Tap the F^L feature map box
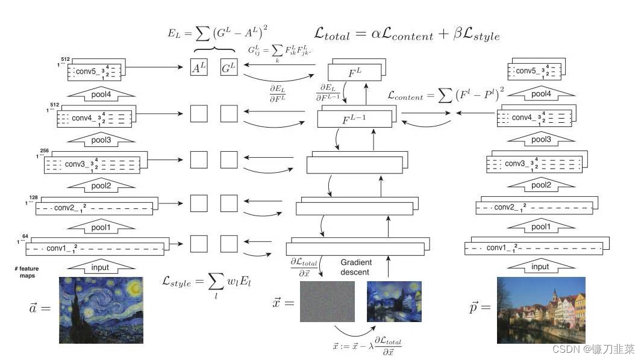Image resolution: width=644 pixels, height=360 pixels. coord(355,73)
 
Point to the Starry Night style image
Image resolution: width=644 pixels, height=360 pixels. coord(101,309)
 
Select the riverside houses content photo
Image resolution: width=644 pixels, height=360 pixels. coord(540,309)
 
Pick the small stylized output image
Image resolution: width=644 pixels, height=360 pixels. coord(393,302)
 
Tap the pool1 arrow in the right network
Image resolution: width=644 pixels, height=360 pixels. coord(540,227)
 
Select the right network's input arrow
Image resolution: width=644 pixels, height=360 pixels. coord(540,267)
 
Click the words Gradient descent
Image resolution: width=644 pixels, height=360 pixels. coord(356,267)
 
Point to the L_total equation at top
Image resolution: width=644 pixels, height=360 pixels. coord(407,34)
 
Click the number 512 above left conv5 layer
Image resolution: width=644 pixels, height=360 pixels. coord(65,60)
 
